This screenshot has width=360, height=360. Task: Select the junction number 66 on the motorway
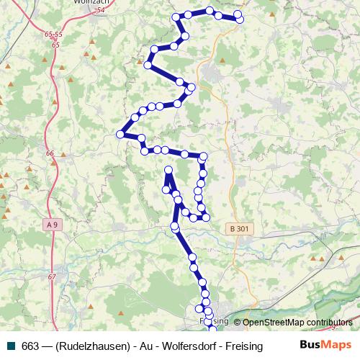[x=50, y=153]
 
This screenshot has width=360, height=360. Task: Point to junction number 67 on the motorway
[x=52, y=277]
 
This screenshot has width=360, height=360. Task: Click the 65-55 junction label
[x=53, y=34]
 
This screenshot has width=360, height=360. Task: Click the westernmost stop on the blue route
[x=120, y=133]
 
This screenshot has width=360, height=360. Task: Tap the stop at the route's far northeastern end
[x=240, y=19]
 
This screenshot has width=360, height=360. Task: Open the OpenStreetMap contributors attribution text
[x=297, y=322]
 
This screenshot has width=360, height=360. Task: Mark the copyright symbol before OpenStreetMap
[x=237, y=322]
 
